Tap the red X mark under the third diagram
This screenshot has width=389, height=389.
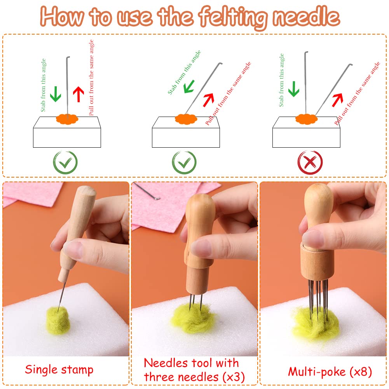pyautogui.click(x=310, y=162)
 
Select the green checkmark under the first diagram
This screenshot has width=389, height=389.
pyautogui.click(x=65, y=162)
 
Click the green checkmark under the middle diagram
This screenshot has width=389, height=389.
pyautogui.click(x=184, y=162)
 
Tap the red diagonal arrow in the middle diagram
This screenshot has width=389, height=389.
pyautogui.click(x=208, y=99)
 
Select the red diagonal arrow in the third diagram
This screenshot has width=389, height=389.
pyautogui.click(x=337, y=99)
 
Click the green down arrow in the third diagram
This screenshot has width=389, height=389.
pyautogui.click(x=294, y=89)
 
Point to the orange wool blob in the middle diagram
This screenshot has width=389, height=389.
pyautogui.click(x=185, y=118)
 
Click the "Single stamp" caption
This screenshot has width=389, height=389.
pyautogui.click(x=59, y=369)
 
